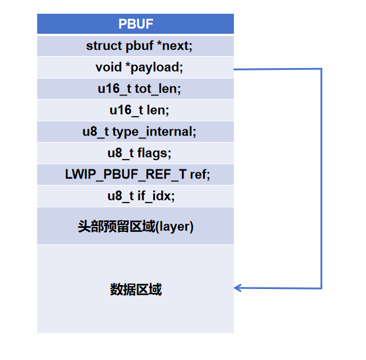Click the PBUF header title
pos(136,24)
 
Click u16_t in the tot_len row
pos(114,89)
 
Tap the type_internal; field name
pos(154,132)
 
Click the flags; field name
pos(154,153)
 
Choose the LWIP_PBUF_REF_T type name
pos(125,175)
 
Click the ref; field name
pos(200,175)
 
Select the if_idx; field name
pos(157,196)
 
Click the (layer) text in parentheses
pos(174,227)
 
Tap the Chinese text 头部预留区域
pos(116,227)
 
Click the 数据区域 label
pos(136,290)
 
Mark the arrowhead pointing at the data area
pos(238,288)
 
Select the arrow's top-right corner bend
pos(322,69)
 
